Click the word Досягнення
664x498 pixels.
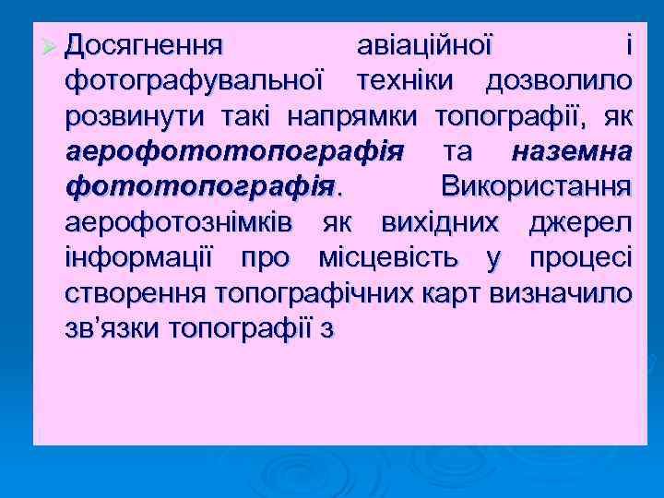coord(143,45)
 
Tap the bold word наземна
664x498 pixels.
coord(572,151)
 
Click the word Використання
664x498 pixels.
coord(537,187)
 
